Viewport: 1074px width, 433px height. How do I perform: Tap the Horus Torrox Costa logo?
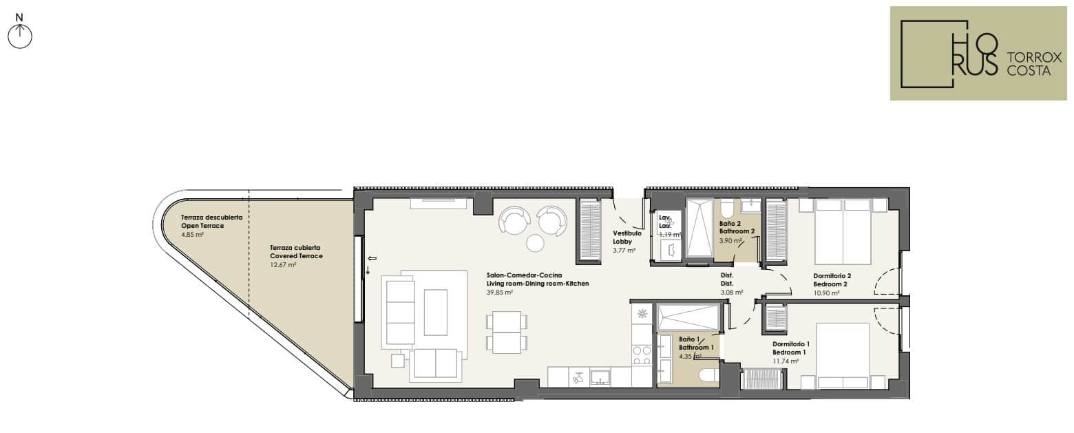(x=978, y=53)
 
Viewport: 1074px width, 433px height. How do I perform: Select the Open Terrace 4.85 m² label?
(x=211, y=226)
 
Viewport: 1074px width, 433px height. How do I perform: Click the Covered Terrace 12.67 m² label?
(x=296, y=256)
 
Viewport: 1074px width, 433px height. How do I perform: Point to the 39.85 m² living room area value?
(x=500, y=292)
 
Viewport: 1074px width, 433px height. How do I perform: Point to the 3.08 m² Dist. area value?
(x=732, y=292)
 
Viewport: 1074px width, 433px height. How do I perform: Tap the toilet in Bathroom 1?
(x=708, y=377)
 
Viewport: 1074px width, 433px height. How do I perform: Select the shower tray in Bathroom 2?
(x=699, y=229)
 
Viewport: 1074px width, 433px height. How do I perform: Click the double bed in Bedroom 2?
(x=843, y=231)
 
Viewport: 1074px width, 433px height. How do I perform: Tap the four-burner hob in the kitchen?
(x=642, y=356)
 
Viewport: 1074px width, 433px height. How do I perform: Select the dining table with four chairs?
(x=507, y=332)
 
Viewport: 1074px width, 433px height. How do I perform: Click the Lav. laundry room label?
(x=664, y=221)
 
